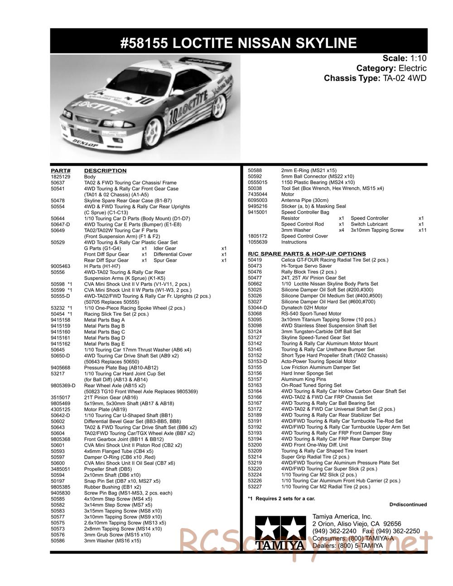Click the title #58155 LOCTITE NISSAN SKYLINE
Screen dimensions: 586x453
[x=239, y=43]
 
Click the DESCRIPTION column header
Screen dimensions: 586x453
[x=105, y=171]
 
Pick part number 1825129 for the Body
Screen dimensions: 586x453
[x=60, y=177]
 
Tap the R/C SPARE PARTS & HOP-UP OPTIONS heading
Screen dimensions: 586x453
[x=307, y=254]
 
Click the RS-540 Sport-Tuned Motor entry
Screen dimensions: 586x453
[x=311, y=313]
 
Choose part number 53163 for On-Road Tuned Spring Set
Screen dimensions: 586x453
[x=255, y=385]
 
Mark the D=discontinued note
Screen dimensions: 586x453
[x=408, y=504]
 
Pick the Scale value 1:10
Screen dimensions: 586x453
[x=419, y=58]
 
